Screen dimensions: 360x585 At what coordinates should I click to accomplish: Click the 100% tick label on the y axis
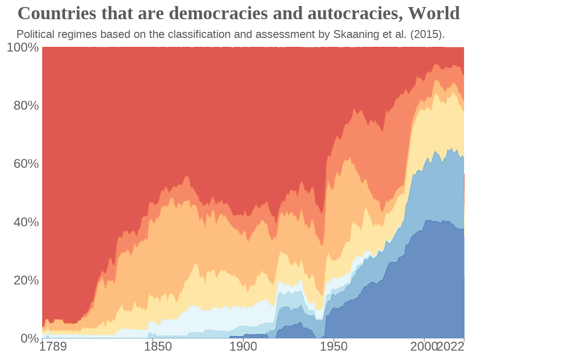(x=22, y=47)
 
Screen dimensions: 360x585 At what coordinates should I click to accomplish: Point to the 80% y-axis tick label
(x=26, y=105)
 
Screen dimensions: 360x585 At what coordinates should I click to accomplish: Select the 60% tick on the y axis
(x=26, y=164)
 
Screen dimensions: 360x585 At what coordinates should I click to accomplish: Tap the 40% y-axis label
(x=26, y=222)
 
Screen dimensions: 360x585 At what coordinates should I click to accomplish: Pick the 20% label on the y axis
(x=26, y=280)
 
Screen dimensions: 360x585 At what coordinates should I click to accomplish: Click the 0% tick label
(x=30, y=338)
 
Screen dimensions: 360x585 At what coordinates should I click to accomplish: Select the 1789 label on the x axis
(x=52, y=347)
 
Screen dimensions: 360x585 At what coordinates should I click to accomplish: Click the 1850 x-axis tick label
(x=157, y=347)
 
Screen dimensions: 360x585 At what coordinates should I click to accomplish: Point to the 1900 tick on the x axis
(x=243, y=347)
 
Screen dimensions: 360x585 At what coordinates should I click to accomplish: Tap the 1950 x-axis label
(x=333, y=347)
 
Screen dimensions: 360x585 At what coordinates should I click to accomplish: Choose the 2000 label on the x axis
(x=423, y=347)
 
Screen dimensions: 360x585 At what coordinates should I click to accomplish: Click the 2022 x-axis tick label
(x=450, y=347)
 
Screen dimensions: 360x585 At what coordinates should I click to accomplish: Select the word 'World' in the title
(x=434, y=14)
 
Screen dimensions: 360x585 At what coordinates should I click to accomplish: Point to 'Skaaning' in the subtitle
(x=351, y=34)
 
